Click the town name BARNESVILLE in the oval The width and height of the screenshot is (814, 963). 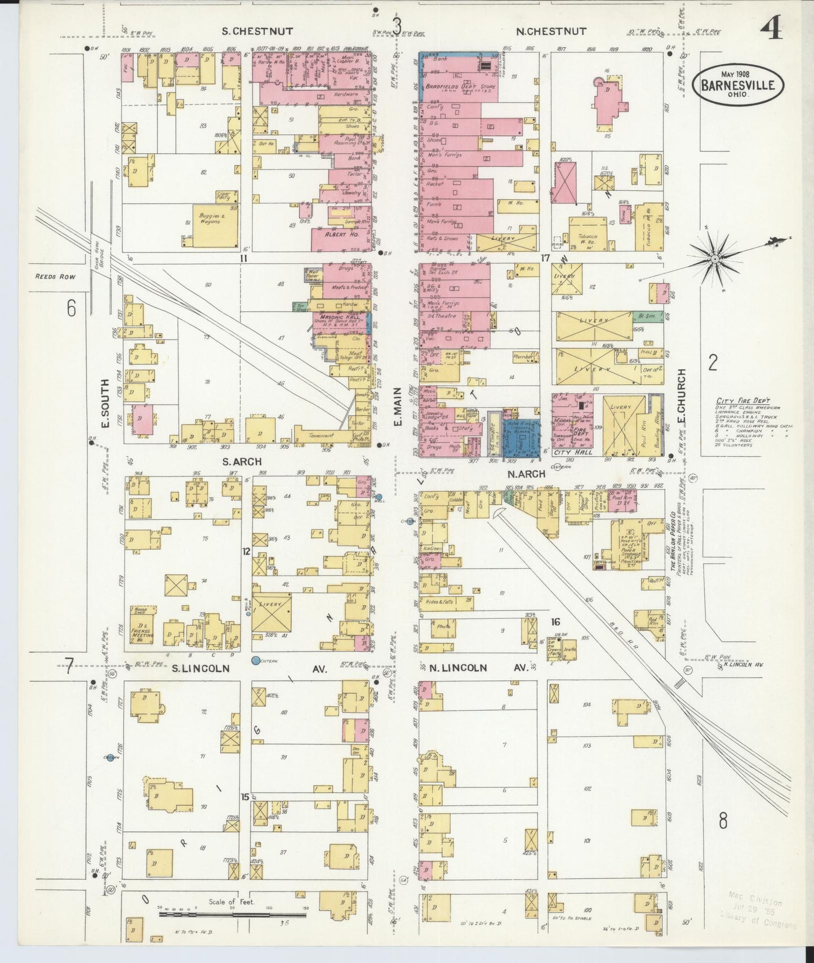742,86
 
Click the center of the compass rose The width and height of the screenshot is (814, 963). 714,259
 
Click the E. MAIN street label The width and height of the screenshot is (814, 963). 398,405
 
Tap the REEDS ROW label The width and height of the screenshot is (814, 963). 55,277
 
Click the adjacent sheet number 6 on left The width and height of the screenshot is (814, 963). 71,308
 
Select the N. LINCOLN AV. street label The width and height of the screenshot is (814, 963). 478,668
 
